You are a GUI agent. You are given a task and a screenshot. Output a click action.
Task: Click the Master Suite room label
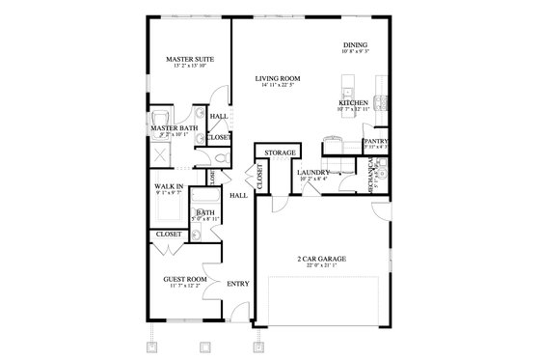click(189, 59)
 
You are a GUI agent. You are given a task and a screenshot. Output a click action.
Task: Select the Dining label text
click(356, 45)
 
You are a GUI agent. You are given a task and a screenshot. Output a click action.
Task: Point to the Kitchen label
click(351, 102)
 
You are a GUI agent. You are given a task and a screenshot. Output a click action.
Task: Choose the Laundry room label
click(313, 171)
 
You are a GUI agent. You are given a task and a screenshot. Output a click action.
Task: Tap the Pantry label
click(374, 141)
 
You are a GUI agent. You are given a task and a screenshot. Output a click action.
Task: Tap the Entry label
click(237, 284)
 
